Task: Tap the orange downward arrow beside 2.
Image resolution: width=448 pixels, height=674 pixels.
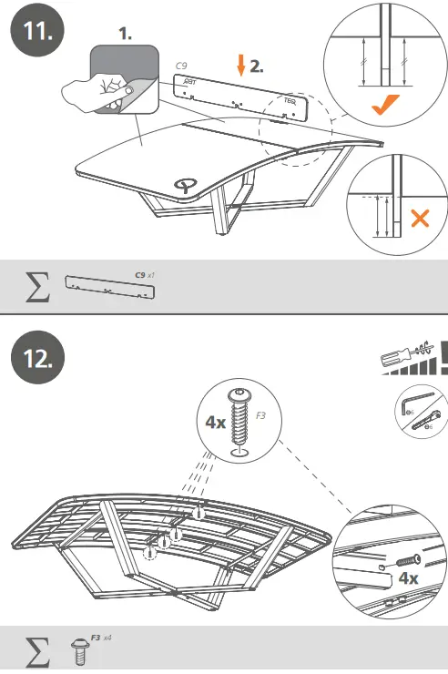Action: click(x=240, y=65)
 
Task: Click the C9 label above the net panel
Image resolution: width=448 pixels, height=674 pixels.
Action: click(x=182, y=66)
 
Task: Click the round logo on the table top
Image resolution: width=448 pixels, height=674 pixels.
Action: click(x=185, y=186)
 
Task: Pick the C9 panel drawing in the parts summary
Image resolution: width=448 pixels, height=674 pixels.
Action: click(x=109, y=289)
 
